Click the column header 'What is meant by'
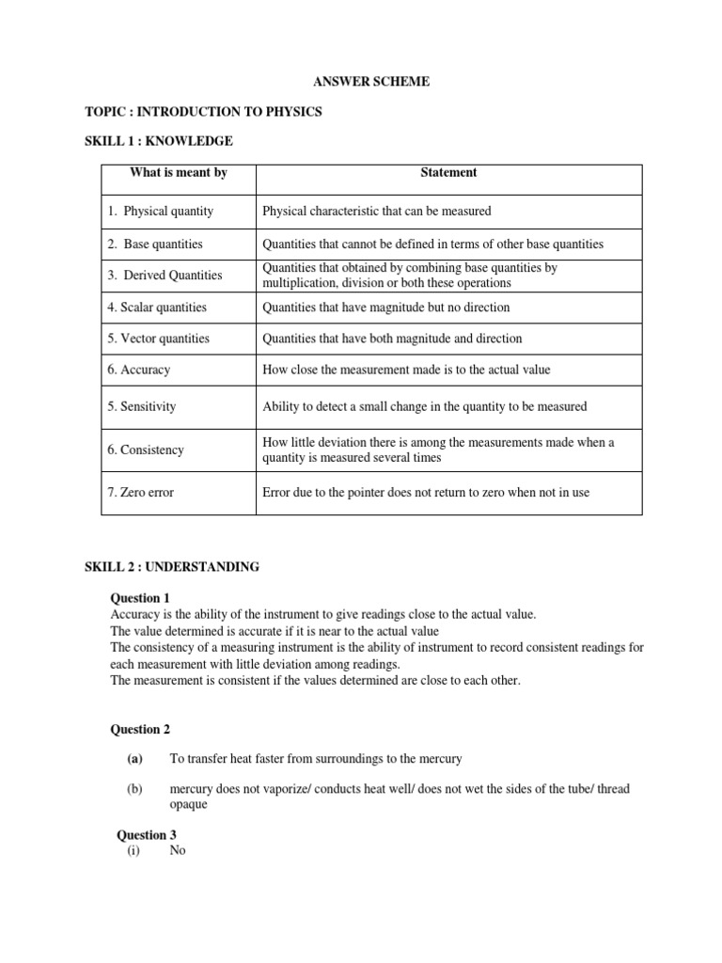point(179,172)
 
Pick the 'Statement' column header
point(448,172)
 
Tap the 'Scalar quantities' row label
point(157,307)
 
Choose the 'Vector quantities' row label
point(158,339)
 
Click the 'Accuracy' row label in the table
point(139,370)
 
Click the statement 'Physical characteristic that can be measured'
point(377,212)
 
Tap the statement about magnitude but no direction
point(386,307)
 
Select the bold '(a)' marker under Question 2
point(134,759)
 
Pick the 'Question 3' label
point(146,835)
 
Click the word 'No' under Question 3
point(178,850)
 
